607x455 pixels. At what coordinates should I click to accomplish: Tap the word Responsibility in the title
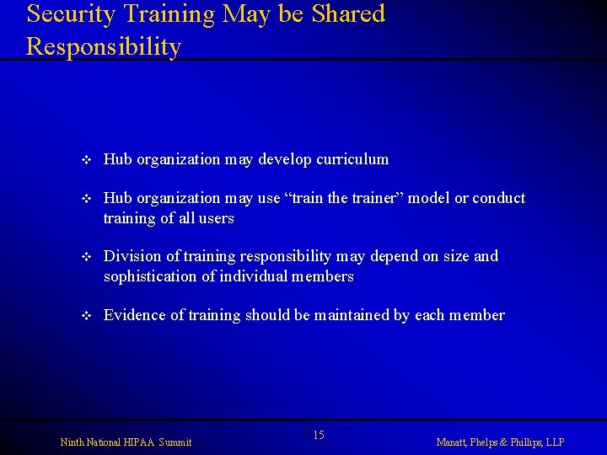coord(104,47)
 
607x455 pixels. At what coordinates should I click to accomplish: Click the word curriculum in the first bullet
coord(353,159)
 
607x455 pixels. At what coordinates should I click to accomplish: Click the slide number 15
coord(319,435)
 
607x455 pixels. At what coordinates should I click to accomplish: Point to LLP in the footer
coord(555,442)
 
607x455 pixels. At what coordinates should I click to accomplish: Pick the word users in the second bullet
coord(215,218)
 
